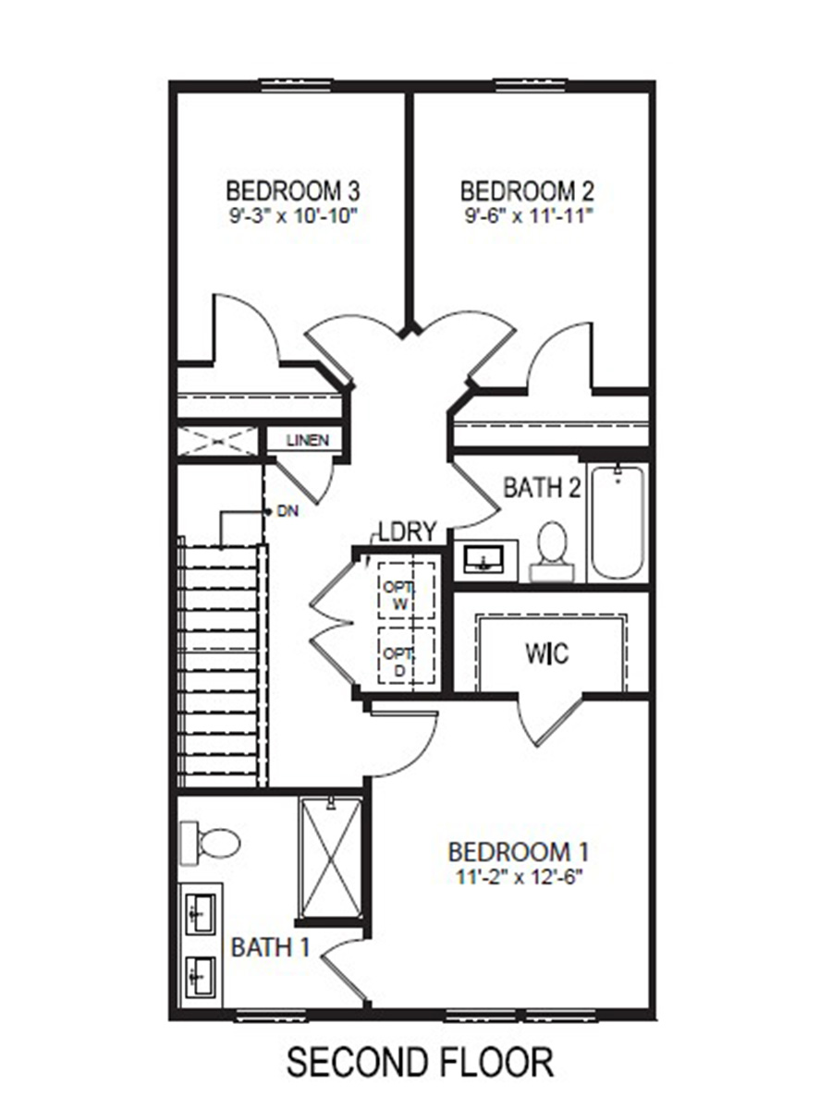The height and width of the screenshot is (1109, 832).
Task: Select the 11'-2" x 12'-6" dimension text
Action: (x=518, y=875)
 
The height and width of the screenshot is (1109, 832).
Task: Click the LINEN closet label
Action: (x=307, y=440)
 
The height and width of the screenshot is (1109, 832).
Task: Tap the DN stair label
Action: (x=288, y=511)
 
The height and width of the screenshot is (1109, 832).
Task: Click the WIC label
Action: (x=547, y=653)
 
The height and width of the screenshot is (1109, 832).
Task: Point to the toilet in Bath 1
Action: (x=213, y=842)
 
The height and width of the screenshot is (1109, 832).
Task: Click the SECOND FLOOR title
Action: (x=420, y=1062)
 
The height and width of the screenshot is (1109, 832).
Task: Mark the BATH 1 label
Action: (x=270, y=947)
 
